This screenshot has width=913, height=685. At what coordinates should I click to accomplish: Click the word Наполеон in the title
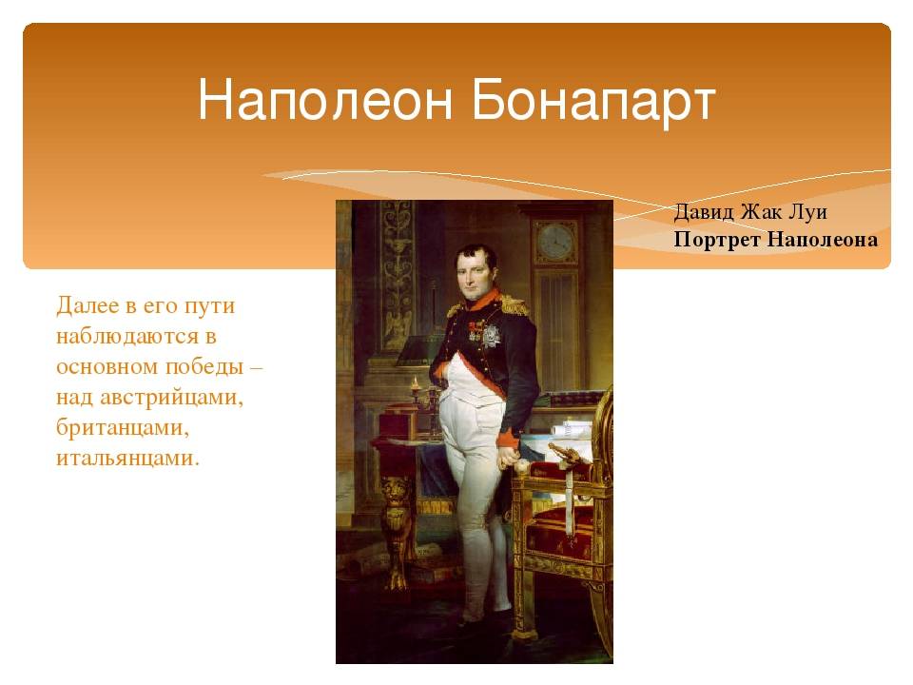point(325,100)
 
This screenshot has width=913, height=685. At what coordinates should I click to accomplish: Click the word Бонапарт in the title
point(593,100)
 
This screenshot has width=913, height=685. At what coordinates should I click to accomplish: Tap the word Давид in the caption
point(704,212)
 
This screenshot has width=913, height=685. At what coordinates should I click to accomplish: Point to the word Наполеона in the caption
point(822,240)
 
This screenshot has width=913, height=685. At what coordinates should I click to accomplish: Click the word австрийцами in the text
point(171,399)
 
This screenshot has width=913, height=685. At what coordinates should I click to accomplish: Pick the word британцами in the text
point(123,427)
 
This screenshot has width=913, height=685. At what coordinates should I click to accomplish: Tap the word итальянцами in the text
point(128,458)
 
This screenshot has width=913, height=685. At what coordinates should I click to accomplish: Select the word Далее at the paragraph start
point(87,306)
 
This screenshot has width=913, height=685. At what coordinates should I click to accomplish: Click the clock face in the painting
point(554,241)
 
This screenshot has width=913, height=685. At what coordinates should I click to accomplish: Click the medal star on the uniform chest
point(491,336)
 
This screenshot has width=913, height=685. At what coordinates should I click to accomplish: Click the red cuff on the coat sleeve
point(508,438)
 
